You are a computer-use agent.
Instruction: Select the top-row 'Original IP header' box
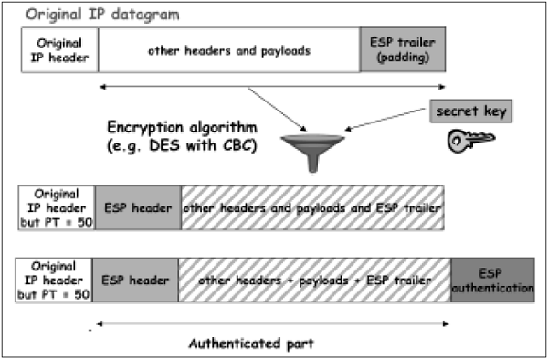(x=59, y=50)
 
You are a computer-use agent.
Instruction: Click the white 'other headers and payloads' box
(x=229, y=50)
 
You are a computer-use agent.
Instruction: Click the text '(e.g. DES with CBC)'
(x=181, y=144)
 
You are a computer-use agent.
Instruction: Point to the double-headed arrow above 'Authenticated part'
(x=273, y=322)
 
